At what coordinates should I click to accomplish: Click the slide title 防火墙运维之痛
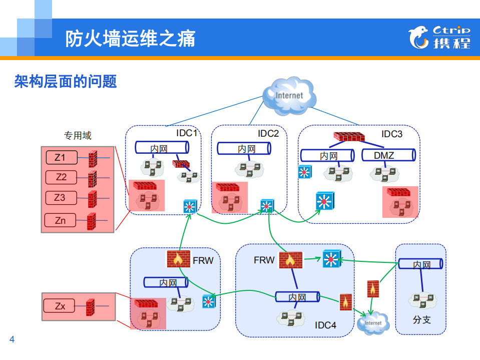point(130,39)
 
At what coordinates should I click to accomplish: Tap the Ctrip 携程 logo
point(439,37)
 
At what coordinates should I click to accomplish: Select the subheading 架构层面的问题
point(66,81)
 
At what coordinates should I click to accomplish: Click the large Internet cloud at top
point(289,95)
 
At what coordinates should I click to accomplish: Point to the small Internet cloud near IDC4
point(373,323)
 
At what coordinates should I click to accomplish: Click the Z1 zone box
point(61,158)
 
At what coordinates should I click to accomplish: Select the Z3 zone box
point(61,198)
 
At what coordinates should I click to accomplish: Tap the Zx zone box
point(61,306)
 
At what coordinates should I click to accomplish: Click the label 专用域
point(78,135)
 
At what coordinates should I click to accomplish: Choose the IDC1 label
point(187,133)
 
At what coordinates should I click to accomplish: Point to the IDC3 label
point(392,134)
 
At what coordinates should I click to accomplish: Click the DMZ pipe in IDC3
point(388,155)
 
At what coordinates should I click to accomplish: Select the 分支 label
point(421,319)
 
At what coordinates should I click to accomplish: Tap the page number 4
point(12,340)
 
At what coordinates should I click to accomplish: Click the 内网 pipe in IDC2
point(244,149)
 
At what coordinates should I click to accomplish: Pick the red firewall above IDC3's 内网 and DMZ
point(349,136)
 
